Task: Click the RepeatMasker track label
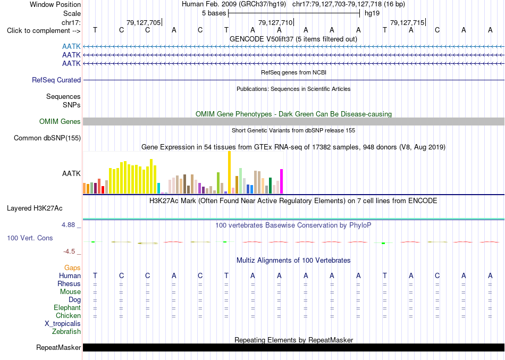(58, 347)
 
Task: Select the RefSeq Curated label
(56, 80)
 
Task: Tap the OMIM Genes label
(60, 121)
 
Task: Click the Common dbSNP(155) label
(47, 138)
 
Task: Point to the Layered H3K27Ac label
(35, 208)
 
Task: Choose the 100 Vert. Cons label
(30, 238)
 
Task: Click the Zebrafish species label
(66, 331)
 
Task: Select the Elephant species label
(67, 307)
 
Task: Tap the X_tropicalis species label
(63, 324)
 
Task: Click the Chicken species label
(68, 315)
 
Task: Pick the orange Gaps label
(72, 267)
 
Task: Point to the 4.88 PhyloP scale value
(68, 224)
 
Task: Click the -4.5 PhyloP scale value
(69, 252)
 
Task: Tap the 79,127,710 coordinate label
(275, 22)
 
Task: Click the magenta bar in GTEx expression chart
(282, 181)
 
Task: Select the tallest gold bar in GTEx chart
(229, 172)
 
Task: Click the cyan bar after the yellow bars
(158, 188)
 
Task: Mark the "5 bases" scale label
(214, 13)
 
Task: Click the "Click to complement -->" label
(44, 31)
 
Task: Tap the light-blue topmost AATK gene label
(71, 47)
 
